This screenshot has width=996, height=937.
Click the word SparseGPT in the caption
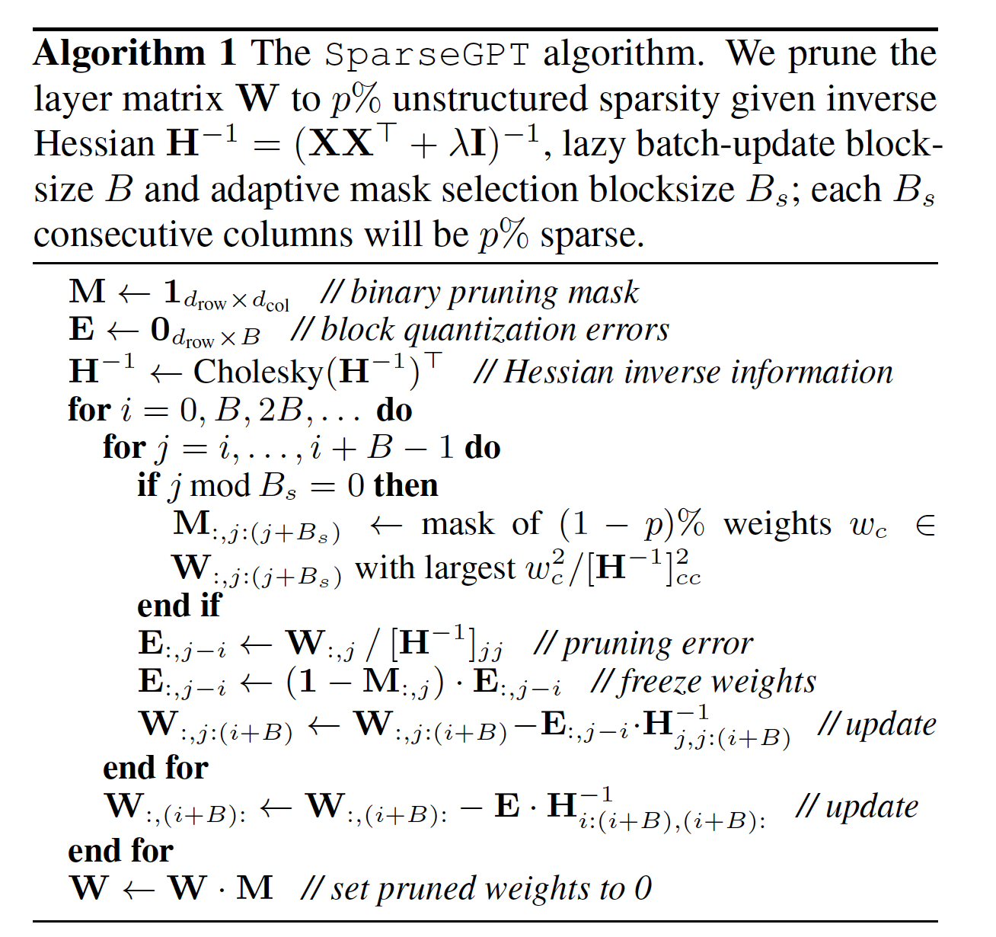pos(427,54)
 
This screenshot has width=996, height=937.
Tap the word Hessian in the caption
pos(94,144)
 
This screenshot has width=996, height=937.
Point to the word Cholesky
pos(259,373)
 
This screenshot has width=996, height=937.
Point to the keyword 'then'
pos(406,485)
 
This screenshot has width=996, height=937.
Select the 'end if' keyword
pos(179,606)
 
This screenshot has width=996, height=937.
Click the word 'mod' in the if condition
pos(220,485)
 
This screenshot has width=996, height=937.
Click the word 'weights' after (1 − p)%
pos(777,524)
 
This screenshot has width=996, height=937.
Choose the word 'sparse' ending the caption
pos(591,235)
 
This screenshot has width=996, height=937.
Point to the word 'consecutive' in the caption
pos(123,235)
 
